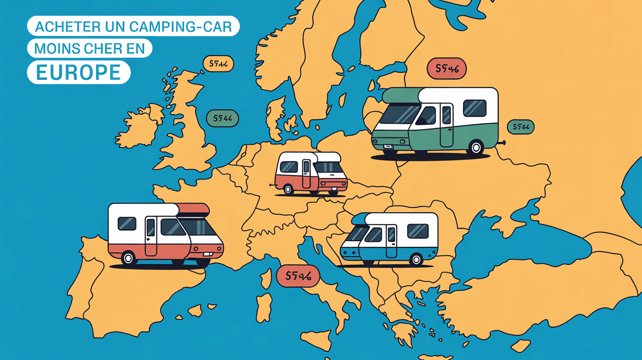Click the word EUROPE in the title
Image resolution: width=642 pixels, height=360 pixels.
[x=78, y=72]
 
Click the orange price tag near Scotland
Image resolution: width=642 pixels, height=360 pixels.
[x=218, y=64]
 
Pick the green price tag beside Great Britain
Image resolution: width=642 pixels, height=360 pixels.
[x=222, y=118]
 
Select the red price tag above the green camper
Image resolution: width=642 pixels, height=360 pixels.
[x=447, y=69]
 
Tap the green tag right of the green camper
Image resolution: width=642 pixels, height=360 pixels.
[x=521, y=127]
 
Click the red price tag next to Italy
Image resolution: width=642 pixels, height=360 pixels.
[x=298, y=276]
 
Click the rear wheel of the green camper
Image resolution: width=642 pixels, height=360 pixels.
[x=475, y=147]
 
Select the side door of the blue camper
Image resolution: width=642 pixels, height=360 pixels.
[x=391, y=241]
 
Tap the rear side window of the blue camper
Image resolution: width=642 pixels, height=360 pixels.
[x=417, y=231]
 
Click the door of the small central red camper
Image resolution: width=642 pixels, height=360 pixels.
[x=306, y=174]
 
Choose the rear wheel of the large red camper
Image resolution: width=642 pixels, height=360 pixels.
[x=129, y=258]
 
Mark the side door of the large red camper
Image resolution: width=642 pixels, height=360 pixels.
[x=151, y=236]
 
